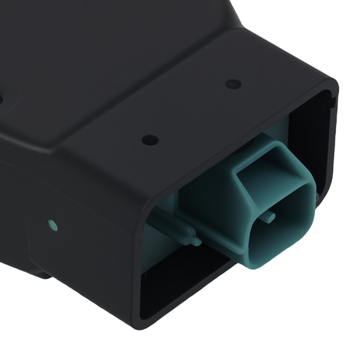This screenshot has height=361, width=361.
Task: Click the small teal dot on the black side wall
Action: click(53, 226)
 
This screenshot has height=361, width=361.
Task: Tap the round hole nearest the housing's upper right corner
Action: click(233, 84)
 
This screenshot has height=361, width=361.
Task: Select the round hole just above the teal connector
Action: click(150, 140)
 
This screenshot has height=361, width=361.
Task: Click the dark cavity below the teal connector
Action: click(188, 289)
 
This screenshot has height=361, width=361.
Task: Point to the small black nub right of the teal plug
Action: click(317, 197)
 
